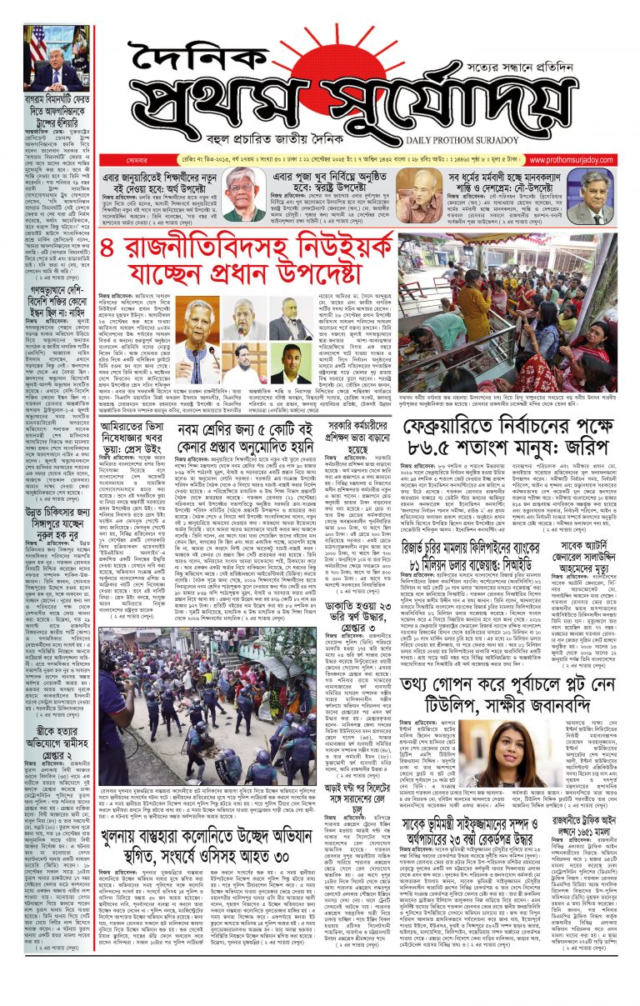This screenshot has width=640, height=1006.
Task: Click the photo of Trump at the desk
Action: click(57, 58)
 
